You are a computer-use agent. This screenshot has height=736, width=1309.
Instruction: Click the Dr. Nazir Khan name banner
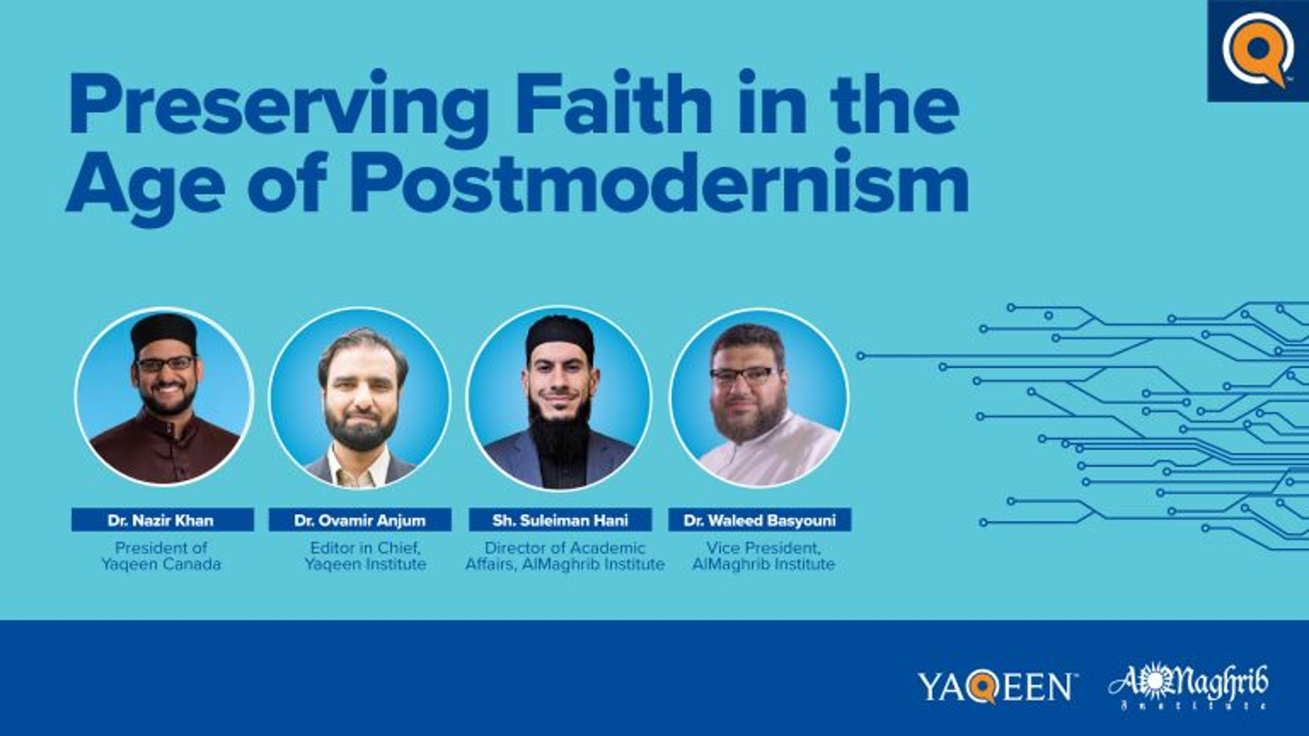(x=162, y=520)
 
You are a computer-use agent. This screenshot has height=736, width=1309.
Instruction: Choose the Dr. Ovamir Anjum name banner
(x=360, y=520)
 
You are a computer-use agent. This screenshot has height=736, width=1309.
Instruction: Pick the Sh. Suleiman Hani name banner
(x=560, y=520)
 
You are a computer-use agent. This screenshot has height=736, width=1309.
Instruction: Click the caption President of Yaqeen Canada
(x=161, y=556)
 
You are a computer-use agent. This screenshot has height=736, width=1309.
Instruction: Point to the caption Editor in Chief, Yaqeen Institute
(x=365, y=556)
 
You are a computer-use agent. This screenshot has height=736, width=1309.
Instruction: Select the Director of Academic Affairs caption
(x=565, y=556)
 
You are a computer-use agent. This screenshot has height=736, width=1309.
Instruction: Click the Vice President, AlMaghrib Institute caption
(x=763, y=556)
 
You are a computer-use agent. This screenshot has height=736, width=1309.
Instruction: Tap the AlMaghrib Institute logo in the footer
(x=1188, y=687)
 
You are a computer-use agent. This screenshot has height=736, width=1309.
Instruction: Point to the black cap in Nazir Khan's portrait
(x=164, y=331)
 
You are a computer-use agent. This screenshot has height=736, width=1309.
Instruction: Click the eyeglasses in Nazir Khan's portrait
(x=166, y=364)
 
